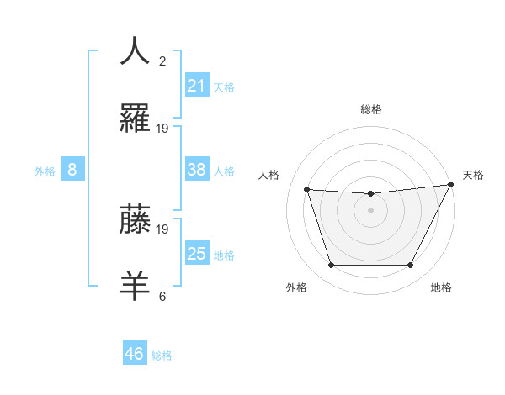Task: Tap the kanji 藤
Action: click(x=135, y=219)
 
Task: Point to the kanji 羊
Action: click(x=135, y=286)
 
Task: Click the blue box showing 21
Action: click(x=196, y=85)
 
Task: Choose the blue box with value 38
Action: click(x=196, y=170)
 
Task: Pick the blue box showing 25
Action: click(x=196, y=254)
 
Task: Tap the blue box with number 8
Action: click(x=72, y=170)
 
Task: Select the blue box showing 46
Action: click(x=134, y=354)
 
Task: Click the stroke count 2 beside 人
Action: click(x=162, y=61)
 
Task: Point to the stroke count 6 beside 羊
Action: click(x=162, y=296)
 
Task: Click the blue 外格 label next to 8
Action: click(x=45, y=171)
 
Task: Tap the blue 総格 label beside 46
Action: click(x=162, y=355)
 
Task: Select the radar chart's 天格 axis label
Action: click(x=473, y=175)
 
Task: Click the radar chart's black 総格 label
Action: click(x=371, y=109)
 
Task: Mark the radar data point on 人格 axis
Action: click(x=307, y=190)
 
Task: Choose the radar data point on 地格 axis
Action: click(x=411, y=266)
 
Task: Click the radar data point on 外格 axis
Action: click(x=331, y=266)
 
